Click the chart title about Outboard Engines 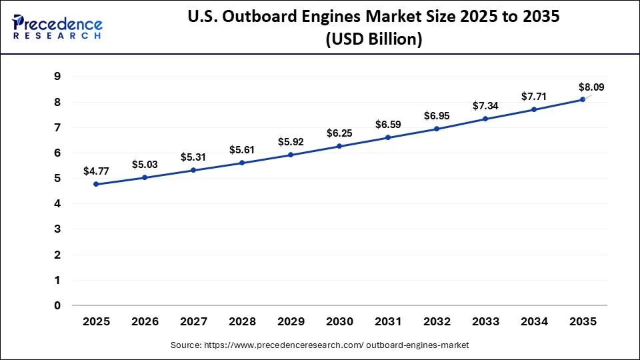(373, 18)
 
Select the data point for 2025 (96, 184)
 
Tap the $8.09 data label (592, 87)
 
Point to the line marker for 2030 (339, 146)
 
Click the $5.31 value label (193, 157)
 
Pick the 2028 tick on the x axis (242, 322)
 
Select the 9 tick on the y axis (57, 77)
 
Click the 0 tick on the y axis (57, 306)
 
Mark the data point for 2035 (583, 99)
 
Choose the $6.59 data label (388, 124)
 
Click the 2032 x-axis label (437, 322)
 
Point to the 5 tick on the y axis (57, 179)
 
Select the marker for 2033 (485, 119)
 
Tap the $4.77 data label (96, 171)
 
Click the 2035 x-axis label (583, 322)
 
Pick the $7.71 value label (534, 96)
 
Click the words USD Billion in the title (373, 40)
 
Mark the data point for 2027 (193, 170)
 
